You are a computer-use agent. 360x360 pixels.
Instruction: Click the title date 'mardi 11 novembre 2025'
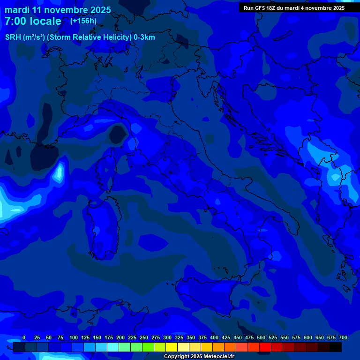[58, 10]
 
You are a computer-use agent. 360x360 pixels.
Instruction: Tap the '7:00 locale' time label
[33, 21]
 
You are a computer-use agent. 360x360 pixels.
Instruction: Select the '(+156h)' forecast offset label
[83, 21]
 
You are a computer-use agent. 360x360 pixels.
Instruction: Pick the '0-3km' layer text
[144, 37]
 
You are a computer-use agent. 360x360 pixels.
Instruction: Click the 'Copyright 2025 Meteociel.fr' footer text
[199, 356]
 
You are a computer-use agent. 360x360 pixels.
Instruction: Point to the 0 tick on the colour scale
[24, 338]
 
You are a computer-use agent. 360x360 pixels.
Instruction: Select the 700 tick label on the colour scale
[343, 338]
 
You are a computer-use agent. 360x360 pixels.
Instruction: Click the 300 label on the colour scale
[167, 338]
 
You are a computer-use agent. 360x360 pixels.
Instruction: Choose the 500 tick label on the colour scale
[261, 338]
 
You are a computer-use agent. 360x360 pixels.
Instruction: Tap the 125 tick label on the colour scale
[85, 338]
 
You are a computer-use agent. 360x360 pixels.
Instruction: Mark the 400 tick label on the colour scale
[214, 338]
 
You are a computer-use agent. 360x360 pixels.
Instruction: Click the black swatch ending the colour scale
[336, 347]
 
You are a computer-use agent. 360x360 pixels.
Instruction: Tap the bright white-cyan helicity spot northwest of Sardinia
[59, 172]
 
